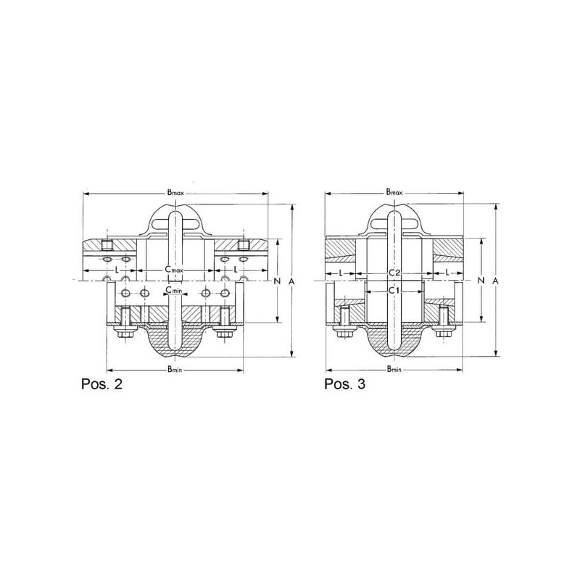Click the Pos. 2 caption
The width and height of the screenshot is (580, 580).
[x=101, y=384]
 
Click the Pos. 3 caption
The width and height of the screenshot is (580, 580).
[x=345, y=384]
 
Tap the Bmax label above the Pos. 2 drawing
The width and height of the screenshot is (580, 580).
[x=175, y=192]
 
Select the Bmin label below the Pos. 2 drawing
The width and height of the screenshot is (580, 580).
[x=175, y=369]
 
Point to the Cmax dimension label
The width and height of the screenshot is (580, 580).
[x=174, y=270]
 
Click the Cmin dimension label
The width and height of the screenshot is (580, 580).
[x=173, y=290]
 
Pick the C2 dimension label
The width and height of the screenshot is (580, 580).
[x=394, y=273]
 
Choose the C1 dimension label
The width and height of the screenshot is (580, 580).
[x=394, y=291]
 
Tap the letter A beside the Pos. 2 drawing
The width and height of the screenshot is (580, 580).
[x=291, y=281]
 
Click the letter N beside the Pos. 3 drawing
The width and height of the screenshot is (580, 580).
[x=481, y=281]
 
